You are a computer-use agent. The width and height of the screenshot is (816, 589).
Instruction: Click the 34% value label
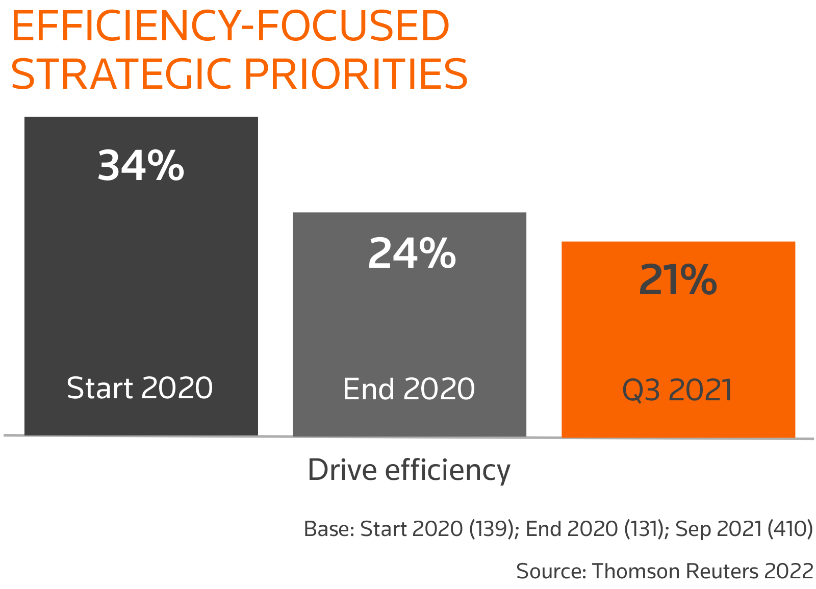point(141,165)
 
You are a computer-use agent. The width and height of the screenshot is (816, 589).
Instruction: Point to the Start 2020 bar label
point(140,388)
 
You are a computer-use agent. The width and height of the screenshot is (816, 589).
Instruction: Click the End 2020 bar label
point(409,389)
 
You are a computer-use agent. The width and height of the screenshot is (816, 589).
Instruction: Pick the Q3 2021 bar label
point(677,390)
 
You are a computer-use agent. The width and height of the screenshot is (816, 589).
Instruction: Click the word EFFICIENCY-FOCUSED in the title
point(230,27)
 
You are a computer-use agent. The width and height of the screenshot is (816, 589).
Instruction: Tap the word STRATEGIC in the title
point(122,74)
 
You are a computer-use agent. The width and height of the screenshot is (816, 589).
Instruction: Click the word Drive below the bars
point(342,470)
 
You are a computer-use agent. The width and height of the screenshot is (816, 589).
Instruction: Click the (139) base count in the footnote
point(493,529)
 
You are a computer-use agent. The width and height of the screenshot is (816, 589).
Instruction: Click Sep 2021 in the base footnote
point(719,529)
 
